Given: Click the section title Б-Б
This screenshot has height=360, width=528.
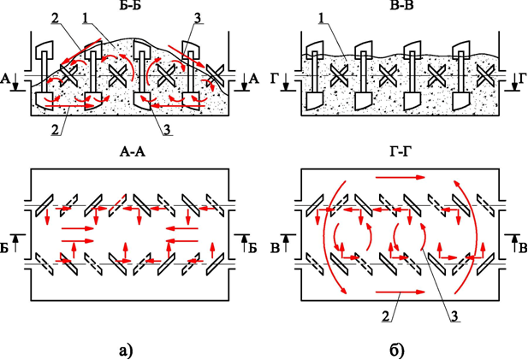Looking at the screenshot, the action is point(129,5).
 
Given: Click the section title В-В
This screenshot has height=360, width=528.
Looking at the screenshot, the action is point(400,5).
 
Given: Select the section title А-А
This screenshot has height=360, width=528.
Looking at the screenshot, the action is point(133,152).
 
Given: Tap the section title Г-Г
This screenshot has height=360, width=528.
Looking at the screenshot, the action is point(401,152).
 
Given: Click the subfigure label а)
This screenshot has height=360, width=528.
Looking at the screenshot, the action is point(127,351).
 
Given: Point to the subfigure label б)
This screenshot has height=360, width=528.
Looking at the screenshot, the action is point(397,351).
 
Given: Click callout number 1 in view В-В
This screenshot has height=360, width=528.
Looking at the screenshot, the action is point(323,19).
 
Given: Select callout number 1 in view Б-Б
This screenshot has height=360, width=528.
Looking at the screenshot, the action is point(86,19).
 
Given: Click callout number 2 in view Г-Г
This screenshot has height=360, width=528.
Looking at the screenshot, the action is point(387,316).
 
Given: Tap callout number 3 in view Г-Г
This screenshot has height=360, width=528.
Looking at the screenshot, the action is point(455,316).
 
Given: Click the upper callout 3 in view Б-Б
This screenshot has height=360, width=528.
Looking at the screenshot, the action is point(198,19).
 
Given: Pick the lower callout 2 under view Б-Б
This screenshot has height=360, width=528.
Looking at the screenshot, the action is point(56,130).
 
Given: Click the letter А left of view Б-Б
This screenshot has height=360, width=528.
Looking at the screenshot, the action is point(5,79).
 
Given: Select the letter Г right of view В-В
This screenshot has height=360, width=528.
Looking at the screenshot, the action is point(523,79).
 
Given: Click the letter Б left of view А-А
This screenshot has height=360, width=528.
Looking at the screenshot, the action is point(4,248).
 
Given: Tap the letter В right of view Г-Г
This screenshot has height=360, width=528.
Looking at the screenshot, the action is point(523,248).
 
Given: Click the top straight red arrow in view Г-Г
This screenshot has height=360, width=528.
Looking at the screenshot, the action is point(400,177).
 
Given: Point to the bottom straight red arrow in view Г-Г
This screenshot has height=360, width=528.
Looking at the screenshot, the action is point(400,292).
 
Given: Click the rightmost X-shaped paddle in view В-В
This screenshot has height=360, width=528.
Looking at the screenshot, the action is point(484,75).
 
